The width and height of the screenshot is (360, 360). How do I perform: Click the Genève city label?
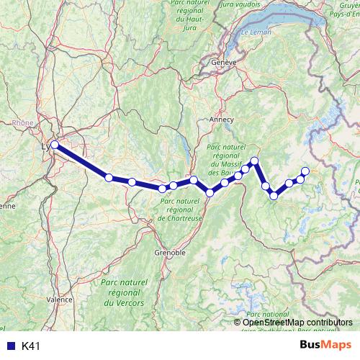[223, 63]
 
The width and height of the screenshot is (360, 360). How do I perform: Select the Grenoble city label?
[171, 253]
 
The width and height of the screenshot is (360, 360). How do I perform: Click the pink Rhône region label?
[23, 122]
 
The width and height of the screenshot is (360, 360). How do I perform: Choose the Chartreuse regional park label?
[176, 209]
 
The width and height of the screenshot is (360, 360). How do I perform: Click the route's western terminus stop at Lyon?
[55, 145]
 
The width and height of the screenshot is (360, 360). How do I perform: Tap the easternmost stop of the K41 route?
[305, 171]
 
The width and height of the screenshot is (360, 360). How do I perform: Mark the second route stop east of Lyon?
[132, 182]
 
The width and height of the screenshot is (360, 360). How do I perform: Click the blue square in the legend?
[10, 346]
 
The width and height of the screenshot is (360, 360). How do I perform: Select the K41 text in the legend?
[30, 346]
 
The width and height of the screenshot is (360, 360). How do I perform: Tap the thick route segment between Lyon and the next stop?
[81, 161]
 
